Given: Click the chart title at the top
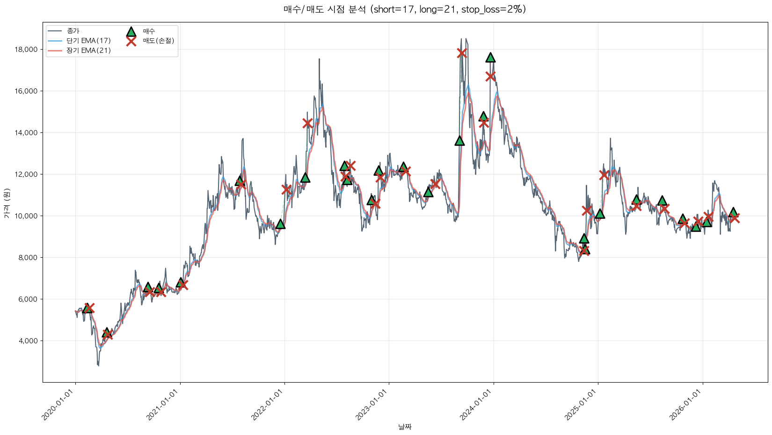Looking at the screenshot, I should [x=405, y=9].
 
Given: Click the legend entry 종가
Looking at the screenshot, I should [x=73, y=31].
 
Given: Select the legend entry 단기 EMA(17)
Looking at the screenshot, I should [x=88, y=41].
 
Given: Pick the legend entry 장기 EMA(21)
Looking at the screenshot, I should [x=88, y=51].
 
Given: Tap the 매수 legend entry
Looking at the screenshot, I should [x=149, y=31].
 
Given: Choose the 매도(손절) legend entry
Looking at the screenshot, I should [x=159, y=41].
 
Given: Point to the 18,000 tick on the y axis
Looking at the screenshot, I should [x=27, y=50].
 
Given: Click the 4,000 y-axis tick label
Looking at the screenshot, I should [x=29, y=341].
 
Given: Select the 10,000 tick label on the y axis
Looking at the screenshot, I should [x=27, y=216].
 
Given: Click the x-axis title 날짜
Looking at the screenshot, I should [x=405, y=427].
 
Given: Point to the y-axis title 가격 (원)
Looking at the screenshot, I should [x=7, y=203].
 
